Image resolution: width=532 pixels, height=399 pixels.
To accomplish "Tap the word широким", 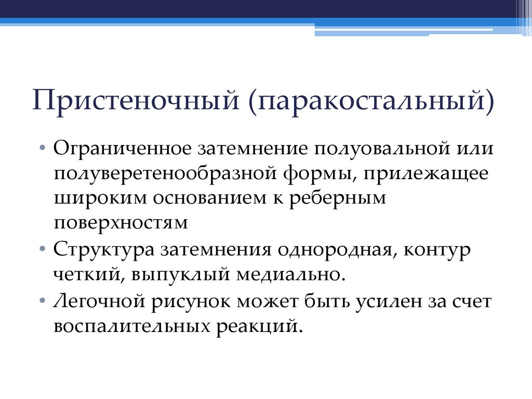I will pos(98,198).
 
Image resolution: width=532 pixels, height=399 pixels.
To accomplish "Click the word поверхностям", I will pos(120,223).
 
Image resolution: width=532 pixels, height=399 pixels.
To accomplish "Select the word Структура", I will pos(103,249).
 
